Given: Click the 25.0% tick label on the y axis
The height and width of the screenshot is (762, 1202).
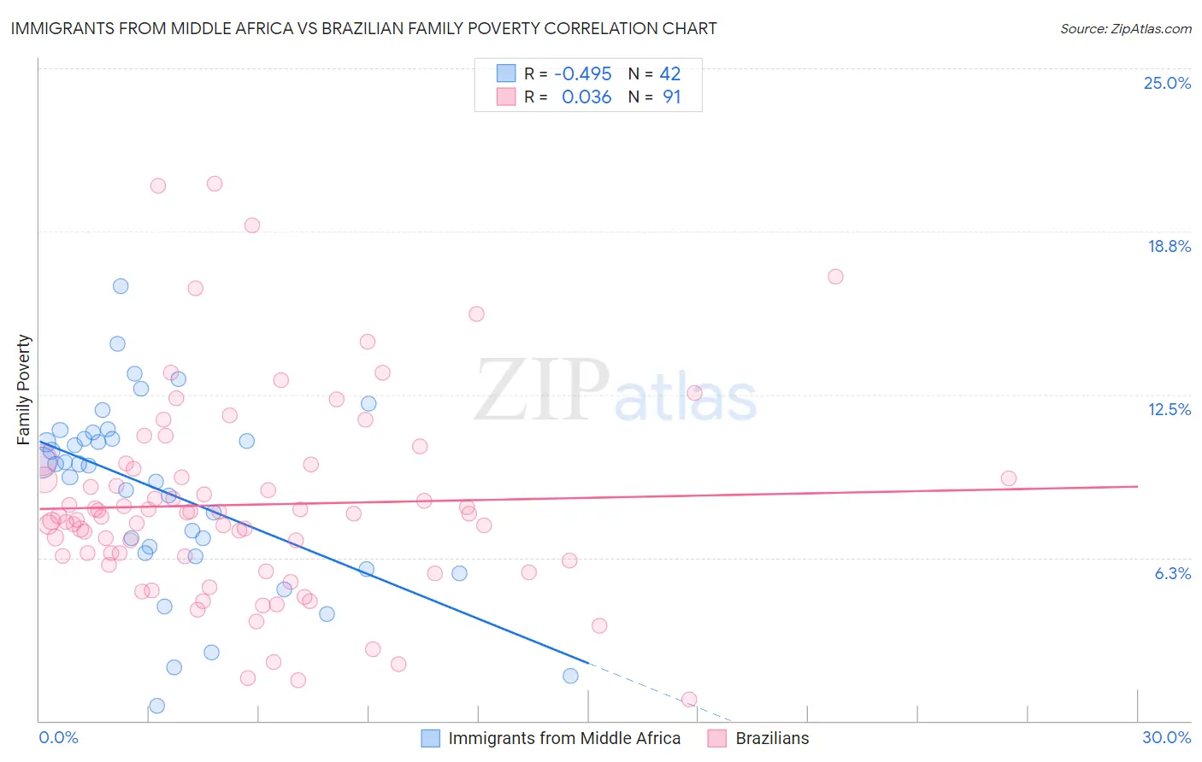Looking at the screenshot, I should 1167,83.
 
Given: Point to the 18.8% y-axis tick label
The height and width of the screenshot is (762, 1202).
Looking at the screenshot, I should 1169,246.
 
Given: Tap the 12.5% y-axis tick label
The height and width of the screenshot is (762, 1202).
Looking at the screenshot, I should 1169,409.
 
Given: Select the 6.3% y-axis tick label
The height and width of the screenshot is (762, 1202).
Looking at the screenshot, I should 1172,573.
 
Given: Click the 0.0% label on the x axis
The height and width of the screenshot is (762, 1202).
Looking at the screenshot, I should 58,737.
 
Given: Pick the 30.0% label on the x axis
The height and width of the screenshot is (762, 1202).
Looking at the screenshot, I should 1166,737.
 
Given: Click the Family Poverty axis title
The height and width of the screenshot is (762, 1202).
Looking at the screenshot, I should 24,390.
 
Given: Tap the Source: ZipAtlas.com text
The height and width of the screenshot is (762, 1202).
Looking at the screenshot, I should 1125,28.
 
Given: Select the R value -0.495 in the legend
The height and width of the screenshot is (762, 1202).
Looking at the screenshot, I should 582,73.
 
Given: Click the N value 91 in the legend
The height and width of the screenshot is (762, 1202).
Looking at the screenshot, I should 671,97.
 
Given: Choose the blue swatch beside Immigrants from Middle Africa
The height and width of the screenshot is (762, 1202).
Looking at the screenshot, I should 431,738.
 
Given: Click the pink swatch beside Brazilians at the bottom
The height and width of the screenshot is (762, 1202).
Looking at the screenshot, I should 717,738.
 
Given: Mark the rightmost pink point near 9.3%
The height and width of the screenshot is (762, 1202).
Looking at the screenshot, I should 1009,478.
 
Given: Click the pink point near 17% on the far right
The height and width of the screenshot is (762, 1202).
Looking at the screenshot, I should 835,277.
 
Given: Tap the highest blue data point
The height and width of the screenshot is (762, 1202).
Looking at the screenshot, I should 121,286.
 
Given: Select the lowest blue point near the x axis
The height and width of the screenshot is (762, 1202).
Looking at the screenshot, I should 156,706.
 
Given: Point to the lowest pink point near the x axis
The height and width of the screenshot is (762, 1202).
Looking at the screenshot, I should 689,700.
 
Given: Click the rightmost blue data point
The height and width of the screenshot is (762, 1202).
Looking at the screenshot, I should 570,676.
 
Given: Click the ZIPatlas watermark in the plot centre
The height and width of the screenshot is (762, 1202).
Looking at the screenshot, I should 616,391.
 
